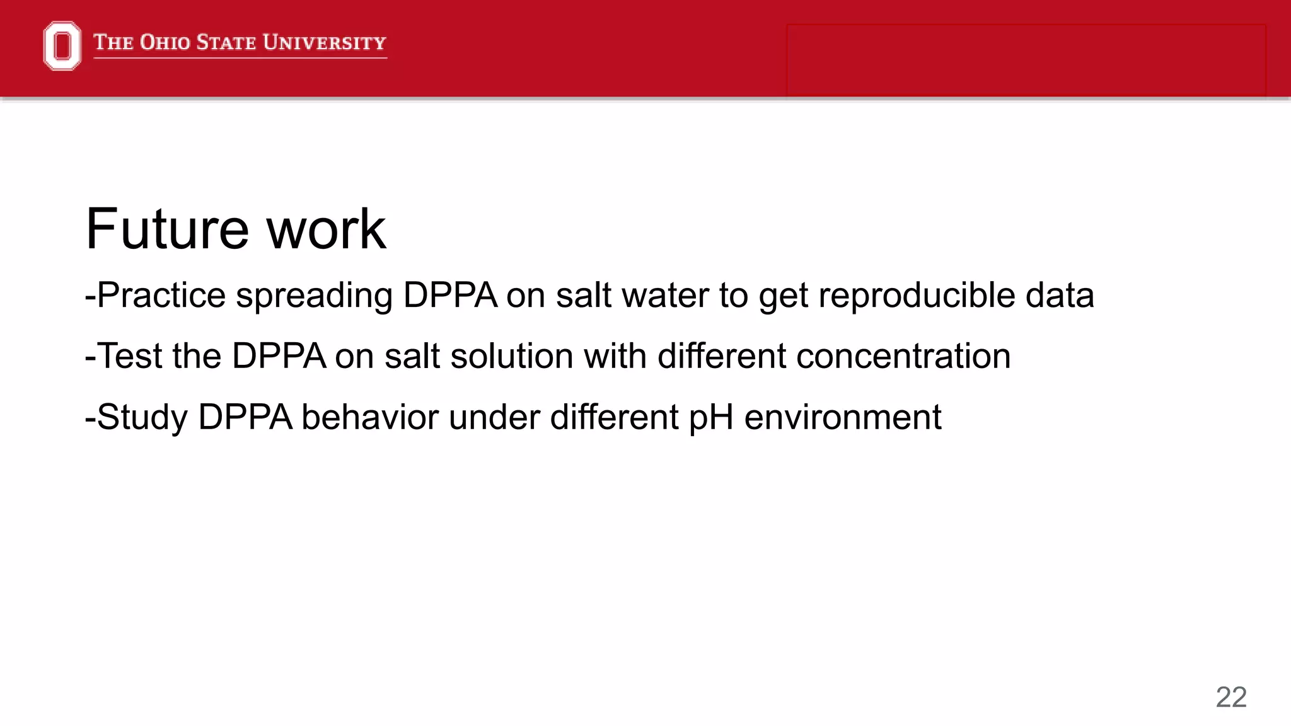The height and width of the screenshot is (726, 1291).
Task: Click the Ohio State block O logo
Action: click(62, 45)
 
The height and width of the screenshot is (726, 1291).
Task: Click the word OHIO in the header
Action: click(165, 42)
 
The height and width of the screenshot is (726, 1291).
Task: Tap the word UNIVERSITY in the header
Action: click(324, 42)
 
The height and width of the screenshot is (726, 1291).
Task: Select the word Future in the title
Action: click(168, 229)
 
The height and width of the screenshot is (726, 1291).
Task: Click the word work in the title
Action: click(326, 229)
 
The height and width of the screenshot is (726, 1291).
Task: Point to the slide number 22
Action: click(1230, 697)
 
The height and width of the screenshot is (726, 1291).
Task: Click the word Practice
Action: click(161, 295)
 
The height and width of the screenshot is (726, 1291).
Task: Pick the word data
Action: click(1060, 295)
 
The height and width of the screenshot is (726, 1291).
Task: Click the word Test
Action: click(130, 356)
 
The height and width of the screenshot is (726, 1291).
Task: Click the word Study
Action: click(142, 417)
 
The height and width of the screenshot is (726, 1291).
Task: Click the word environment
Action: click(843, 417)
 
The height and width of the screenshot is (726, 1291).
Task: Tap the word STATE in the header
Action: click(226, 42)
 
